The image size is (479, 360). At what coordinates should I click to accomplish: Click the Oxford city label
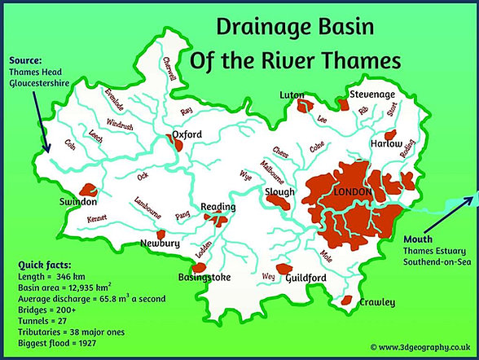click(x=188, y=134)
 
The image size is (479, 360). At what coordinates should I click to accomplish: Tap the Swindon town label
click(x=78, y=201)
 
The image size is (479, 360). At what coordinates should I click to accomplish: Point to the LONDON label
click(x=352, y=191)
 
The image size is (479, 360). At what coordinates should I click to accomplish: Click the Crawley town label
click(x=376, y=302)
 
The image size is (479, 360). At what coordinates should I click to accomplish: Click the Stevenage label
click(x=372, y=94)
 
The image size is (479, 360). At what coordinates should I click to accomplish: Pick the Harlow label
click(x=388, y=143)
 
